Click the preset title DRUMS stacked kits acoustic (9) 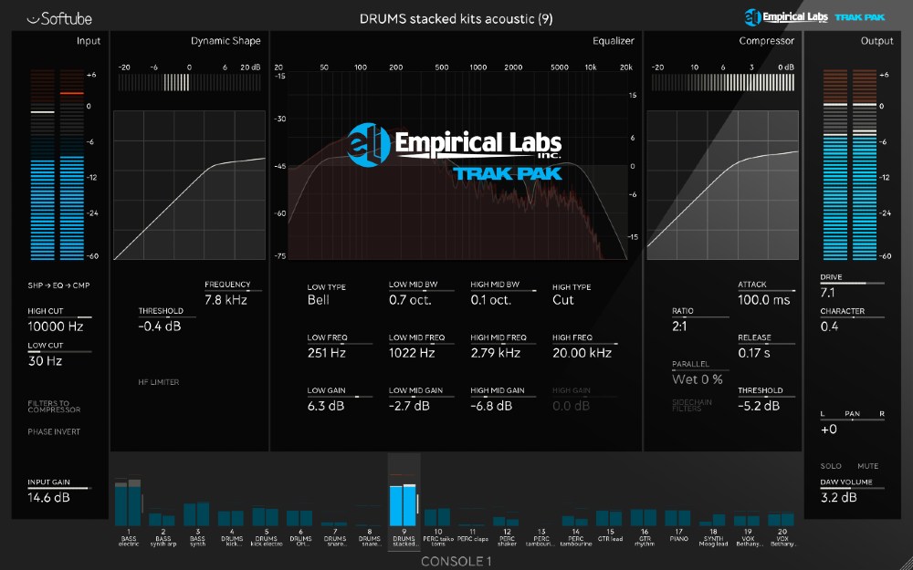click(456, 18)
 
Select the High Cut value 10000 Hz click(56, 326)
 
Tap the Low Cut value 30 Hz click(45, 361)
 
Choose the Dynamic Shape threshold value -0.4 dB click(160, 326)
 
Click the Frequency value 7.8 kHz click(226, 299)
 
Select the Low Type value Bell click(319, 300)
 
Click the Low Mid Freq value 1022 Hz click(411, 352)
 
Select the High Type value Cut click(563, 300)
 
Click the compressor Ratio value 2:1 click(682, 326)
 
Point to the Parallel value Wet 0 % click(698, 378)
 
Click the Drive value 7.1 click(828, 293)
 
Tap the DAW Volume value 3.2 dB click(839, 497)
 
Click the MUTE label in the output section click(867, 466)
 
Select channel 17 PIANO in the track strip click(678, 522)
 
